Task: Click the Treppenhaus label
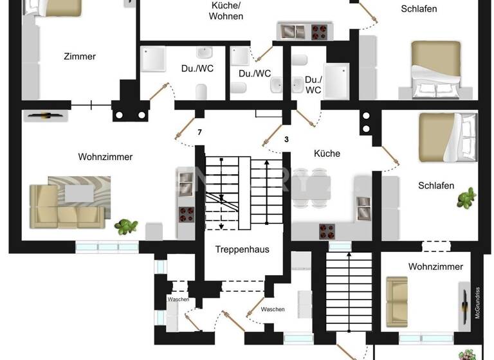(x=242, y=249)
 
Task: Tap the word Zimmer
(x=80, y=57)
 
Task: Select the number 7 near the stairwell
(x=199, y=132)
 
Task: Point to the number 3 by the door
(x=286, y=139)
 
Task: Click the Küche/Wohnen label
(x=226, y=10)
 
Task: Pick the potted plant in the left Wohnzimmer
(x=126, y=226)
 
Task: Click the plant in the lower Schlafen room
(x=466, y=198)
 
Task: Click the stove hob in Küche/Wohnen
(x=320, y=30)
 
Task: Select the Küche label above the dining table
(x=327, y=154)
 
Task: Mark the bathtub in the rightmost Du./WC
(x=337, y=80)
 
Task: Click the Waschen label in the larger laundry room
(x=273, y=309)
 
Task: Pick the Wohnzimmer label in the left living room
(x=105, y=157)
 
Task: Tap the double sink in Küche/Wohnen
(x=293, y=30)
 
